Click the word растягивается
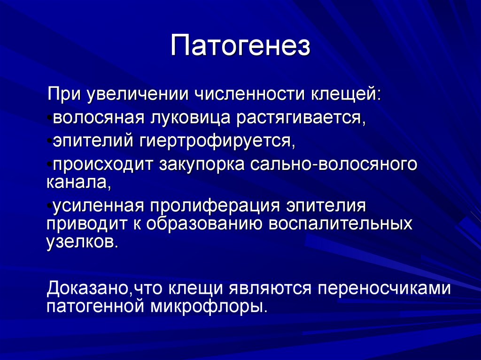coord(301,117)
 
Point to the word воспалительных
coord(340,224)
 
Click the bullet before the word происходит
coord(49,166)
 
